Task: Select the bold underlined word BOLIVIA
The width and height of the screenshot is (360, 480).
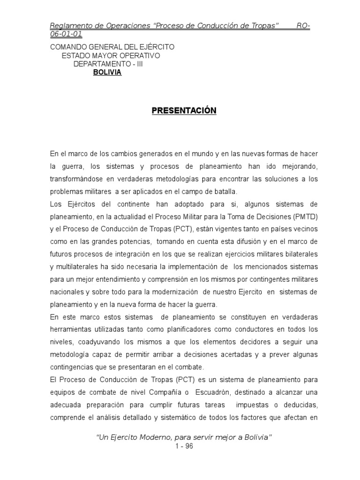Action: (x=107, y=72)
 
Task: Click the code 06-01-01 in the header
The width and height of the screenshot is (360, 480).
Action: (x=67, y=34)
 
